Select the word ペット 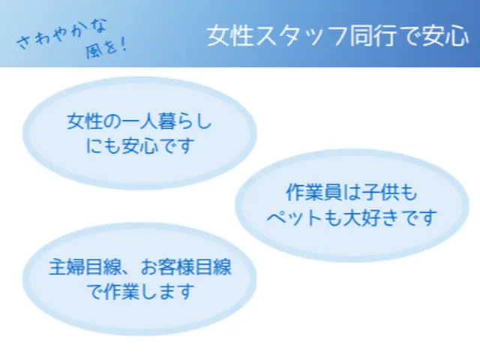[x=296, y=218]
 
